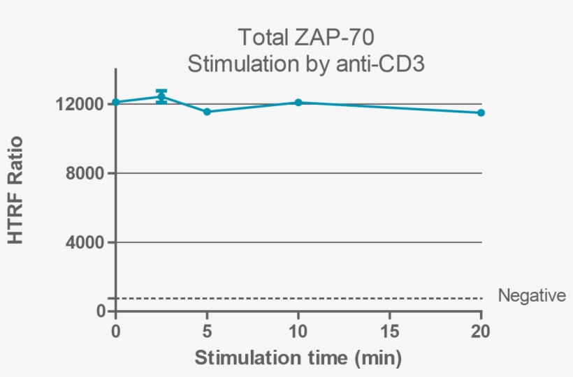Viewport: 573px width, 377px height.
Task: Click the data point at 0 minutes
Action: click(x=116, y=103)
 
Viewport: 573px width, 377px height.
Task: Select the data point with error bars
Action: click(x=161, y=96)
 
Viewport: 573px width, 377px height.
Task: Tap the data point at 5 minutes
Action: click(x=207, y=112)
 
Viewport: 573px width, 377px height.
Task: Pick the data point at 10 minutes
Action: click(x=298, y=103)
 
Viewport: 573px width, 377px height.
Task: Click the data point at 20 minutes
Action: click(x=481, y=112)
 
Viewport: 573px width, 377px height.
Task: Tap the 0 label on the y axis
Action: click(x=101, y=311)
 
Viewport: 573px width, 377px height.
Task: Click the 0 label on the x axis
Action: click(x=116, y=330)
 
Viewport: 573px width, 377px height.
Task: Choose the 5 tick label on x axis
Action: click(x=207, y=330)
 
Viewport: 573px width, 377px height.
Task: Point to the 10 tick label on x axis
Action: click(x=298, y=330)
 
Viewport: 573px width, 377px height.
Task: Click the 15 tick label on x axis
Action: click(x=389, y=330)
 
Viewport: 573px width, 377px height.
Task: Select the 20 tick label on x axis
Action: click(x=481, y=330)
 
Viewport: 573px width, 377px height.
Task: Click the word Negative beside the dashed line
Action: click(x=532, y=296)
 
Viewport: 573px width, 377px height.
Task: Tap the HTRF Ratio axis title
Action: click(x=16, y=190)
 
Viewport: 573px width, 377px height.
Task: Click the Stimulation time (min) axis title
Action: click(x=298, y=359)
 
